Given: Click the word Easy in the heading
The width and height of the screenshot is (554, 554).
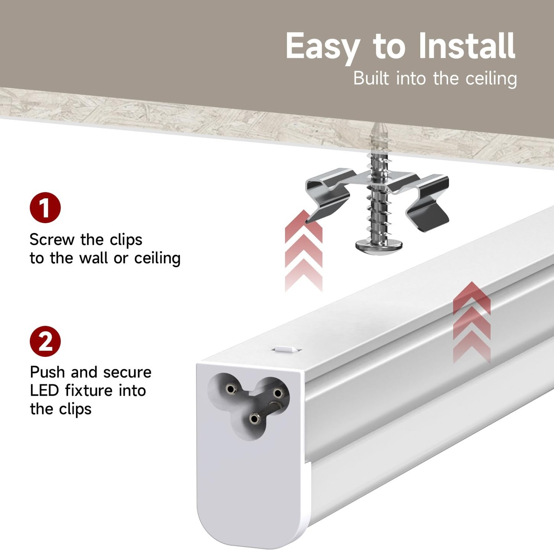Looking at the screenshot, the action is click(322, 47).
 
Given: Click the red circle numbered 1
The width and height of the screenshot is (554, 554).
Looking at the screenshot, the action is click(45, 208).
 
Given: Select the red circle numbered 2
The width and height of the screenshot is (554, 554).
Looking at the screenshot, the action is click(45, 341).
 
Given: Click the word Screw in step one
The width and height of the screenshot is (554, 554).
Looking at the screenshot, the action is click(52, 240).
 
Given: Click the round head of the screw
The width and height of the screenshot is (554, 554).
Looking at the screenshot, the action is click(379, 246).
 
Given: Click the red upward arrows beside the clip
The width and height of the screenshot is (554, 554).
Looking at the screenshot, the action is click(304, 251).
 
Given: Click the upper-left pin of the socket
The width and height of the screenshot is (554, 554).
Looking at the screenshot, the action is click(231, 389).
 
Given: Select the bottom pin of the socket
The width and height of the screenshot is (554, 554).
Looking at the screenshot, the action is click(254, 418).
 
